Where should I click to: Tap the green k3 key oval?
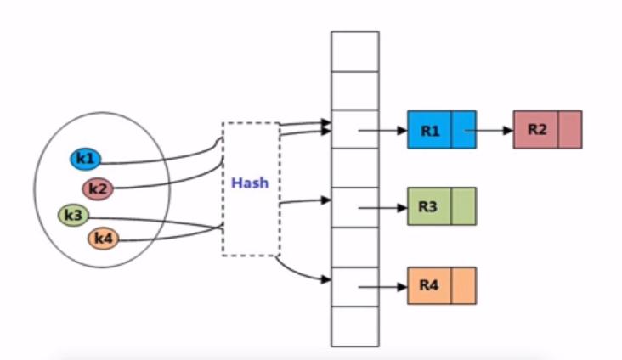pyautogui.click(x=74, y=216)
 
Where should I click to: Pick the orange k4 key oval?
pyautogui.click(x=103, y=239)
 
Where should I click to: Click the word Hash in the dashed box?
pyautogui.click(x=251, y=183)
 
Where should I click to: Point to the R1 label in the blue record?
pyautogui.click(x=428, y=131)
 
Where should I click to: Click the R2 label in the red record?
pyautogui.click(x=536, y=130)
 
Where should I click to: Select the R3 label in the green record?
pyautogui.click(x=428, y=206)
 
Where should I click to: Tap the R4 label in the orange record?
pyautogui.click(x=428, y=285)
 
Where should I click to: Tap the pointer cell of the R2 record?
pyautogui.click(x=570, y=130)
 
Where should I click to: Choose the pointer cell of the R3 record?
pyautogui.click(x=463, y=206)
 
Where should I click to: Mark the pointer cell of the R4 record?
pyautogui.click(x=463, y=285)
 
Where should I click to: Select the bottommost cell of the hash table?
pyautogui.click(x=354, y=326)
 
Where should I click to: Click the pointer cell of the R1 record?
pyautogui.click(x=463, y=130)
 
